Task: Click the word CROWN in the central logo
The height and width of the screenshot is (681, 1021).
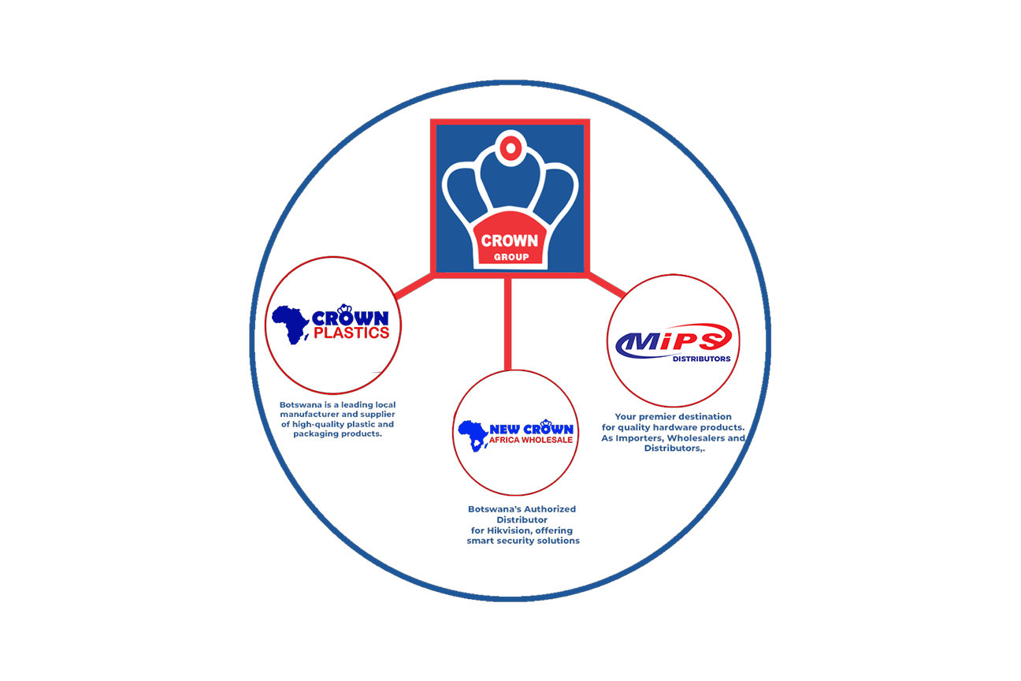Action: (x=510, y=240)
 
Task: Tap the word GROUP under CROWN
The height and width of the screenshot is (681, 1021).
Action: (x=510, y=257)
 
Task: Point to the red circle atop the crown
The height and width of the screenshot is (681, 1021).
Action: (x=510, y=147)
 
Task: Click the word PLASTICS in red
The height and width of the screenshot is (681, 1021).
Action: (x=351, y=333)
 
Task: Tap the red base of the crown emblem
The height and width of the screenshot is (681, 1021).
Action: (x=510, y=244)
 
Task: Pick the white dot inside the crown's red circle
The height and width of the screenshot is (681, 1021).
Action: (x=510, y=147)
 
